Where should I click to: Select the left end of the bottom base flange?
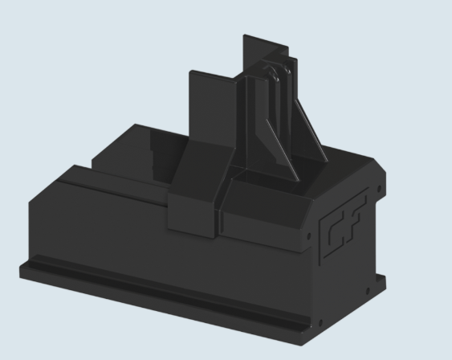pos(28,270)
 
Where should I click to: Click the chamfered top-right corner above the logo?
pos(373,166)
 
